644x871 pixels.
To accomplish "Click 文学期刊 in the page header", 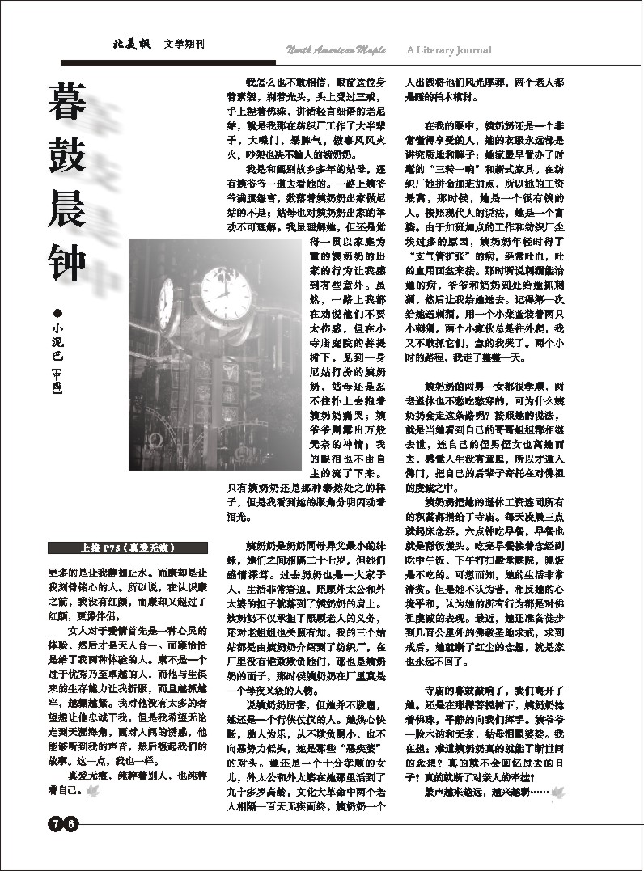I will click(x=183, y=45).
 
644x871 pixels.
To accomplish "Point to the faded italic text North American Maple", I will click(x=336, y=50).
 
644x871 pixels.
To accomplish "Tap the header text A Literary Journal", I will click(x=448, y=50).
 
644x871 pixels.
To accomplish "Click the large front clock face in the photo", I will click(x=226, y=303).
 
